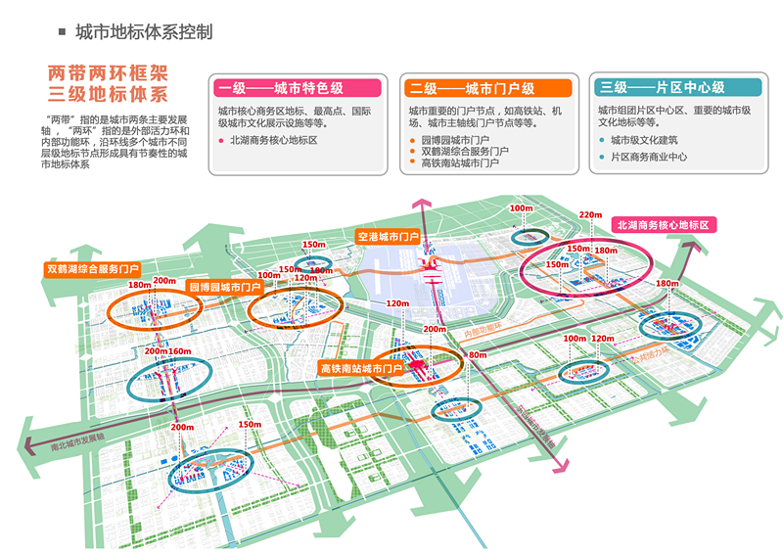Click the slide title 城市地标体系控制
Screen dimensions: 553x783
144,32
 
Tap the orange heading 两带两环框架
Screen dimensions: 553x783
109,74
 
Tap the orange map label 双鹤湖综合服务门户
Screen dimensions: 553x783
93,267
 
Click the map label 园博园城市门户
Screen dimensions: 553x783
224,288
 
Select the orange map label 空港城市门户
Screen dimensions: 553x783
388,237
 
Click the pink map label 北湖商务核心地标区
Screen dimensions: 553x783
663,225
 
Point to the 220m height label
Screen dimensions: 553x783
590,215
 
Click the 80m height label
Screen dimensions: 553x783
477,354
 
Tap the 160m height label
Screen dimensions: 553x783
180,350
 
